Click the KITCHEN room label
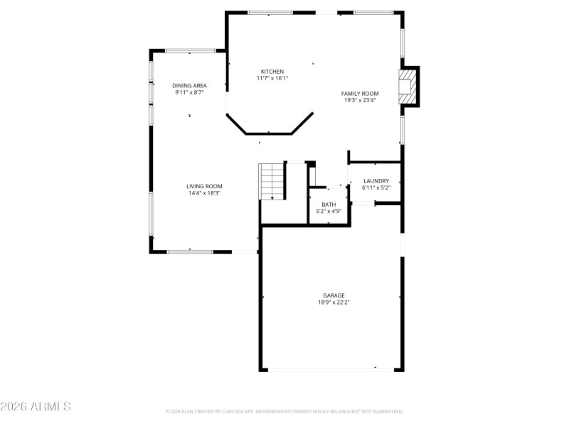(272, 72)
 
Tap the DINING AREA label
(189, 85)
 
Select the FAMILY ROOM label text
(359, 94)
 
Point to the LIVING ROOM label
(204, 186)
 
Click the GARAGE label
(334, 295)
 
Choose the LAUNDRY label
(376, 181)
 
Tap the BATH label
(329, 204)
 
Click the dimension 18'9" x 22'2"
(334, 302)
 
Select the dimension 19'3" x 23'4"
(359, 101)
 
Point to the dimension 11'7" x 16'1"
(272, 78)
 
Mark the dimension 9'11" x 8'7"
(189, 92)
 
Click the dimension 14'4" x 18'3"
(204, 193)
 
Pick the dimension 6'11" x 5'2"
(376, 188)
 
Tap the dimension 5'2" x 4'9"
(329, 211)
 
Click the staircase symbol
(272, 181)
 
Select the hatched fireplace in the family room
(407, 85)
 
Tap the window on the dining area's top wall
(190, 50)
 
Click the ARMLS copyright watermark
(36, 407)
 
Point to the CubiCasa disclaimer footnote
(284, 411)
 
